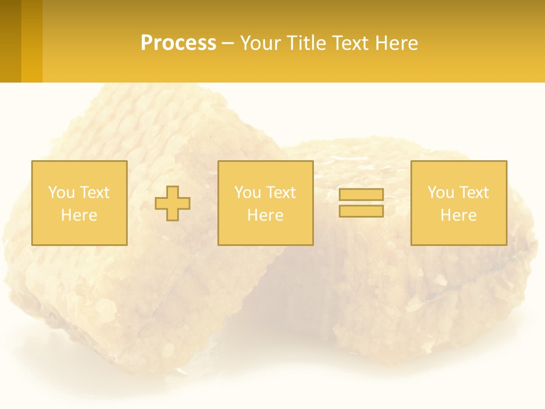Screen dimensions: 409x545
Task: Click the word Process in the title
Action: pos(178,43)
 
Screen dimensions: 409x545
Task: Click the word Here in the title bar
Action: pos(397,43)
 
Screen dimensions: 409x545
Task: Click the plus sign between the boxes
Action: pos(173,203)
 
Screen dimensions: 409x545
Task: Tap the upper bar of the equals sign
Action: pos(361,195)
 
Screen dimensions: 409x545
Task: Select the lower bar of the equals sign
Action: pos(361,211)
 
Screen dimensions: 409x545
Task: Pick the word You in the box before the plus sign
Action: pos(61,193)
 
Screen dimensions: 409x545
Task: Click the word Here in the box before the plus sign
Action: pos(79,215)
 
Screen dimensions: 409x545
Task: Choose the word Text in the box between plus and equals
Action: pos(280,193)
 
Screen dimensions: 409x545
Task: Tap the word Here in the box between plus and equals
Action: pos(265,215)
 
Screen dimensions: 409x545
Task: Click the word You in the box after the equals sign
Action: pos(440,193)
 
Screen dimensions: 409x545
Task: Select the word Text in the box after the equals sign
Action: pos(473,193)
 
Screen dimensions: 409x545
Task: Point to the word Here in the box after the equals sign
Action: pos(458,215)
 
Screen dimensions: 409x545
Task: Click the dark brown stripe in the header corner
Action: pos(10,41)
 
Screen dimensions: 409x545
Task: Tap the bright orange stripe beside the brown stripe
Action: pos(32,41)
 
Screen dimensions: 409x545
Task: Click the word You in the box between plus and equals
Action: pos(247,193)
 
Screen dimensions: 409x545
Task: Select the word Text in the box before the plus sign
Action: pos(94,193)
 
